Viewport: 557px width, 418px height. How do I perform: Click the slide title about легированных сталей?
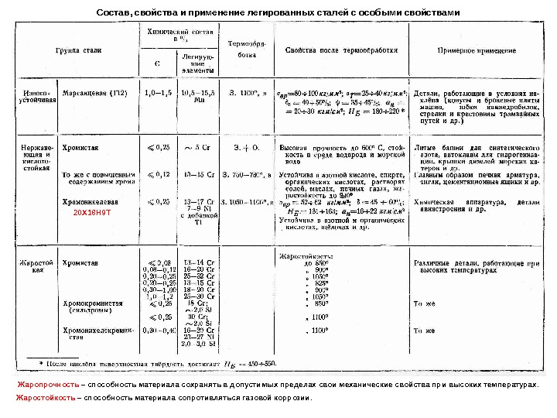[x=278, y=13]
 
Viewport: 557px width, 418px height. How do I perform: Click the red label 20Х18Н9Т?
[x=87, y=211]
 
